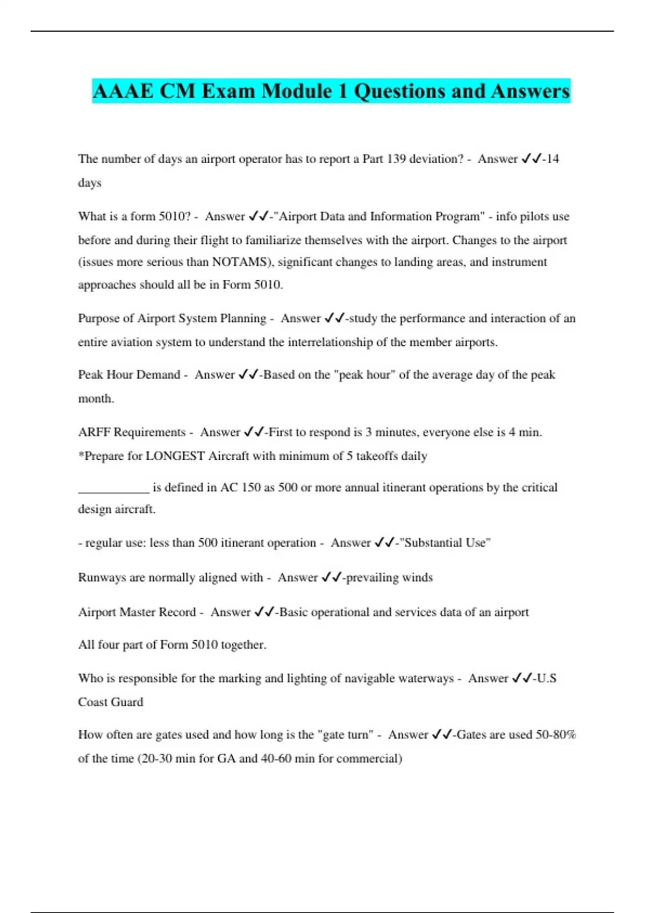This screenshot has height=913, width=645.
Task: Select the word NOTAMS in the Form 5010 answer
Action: (240, 262)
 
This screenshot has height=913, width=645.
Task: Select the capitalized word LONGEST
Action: (175, 456)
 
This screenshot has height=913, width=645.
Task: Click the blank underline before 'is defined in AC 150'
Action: (113, 489)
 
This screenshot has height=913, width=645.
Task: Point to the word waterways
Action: (426, 678)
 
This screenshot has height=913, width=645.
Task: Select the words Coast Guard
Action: (111, 702)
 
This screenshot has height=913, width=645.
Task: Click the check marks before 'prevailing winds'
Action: (332, 577)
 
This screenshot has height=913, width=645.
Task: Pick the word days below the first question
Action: (90, 183)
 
